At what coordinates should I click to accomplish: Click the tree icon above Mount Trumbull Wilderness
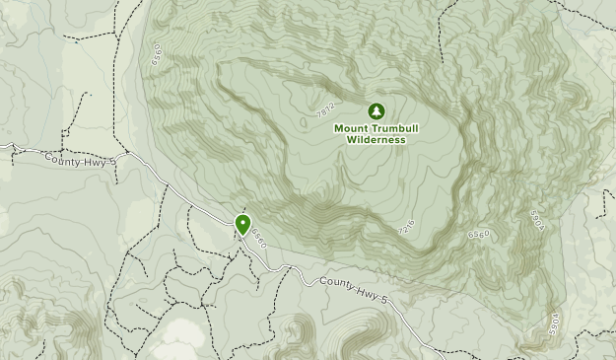[x=376, y=111]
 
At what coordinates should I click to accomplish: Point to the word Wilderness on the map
[x=376, y=139]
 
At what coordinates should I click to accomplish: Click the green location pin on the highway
[x=241, y=226]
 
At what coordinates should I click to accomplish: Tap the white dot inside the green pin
[x=241, y=222]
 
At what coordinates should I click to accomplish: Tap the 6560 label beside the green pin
[x=259, y=238]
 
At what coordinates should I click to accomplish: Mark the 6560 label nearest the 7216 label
[x=478, y=233]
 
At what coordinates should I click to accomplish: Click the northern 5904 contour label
[x=536, y=219]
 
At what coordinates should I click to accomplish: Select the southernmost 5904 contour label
[x=555, y=323]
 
